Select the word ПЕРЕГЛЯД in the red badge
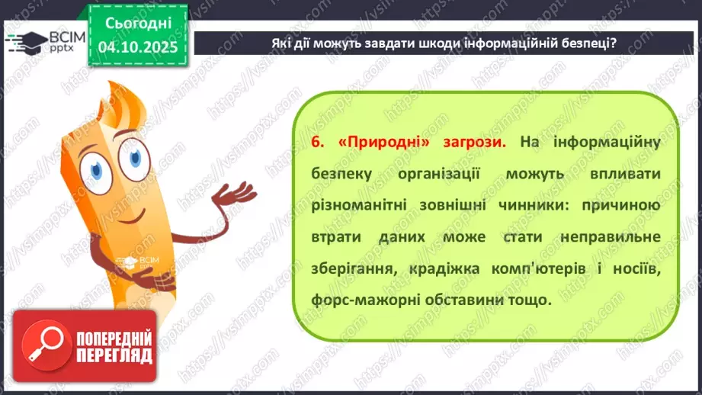tap(114, 355)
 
